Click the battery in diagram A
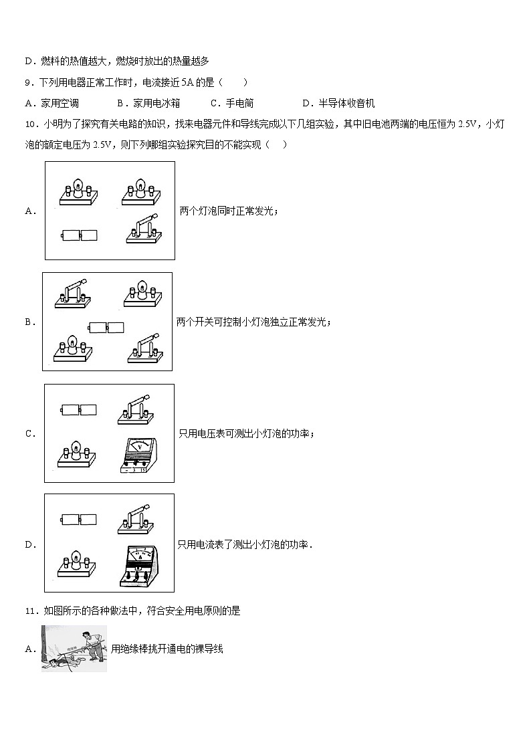(79, 235)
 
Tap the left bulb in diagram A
(78, 191)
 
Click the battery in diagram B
(107, 328)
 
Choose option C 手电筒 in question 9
(232, 103)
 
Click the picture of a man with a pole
(74, 648)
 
